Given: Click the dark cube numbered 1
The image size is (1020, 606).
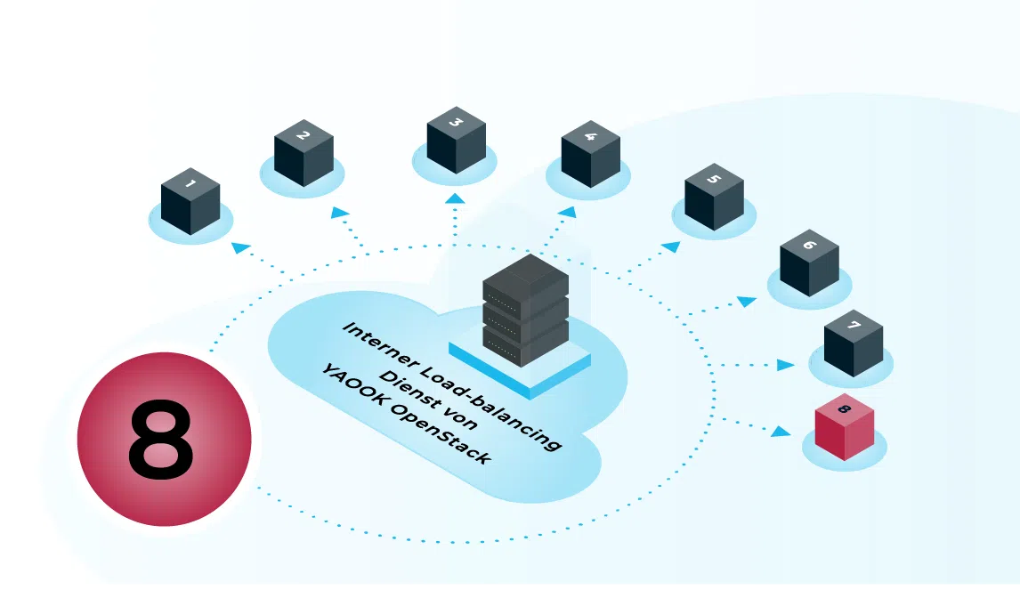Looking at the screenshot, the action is pyautogui.click(x=190, y=201).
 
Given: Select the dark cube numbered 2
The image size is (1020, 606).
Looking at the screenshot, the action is pyautogui.click(x=304, y=153).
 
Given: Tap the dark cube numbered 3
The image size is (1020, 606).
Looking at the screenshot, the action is pyautogui.click(x=457, y=140).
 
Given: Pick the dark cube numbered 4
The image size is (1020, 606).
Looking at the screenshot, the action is pyautogui.click(x=591, y=154).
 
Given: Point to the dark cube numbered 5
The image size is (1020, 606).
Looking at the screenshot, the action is pyautogui.click(x=714, y=197).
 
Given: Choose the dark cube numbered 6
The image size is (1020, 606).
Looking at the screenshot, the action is pyautogui.click(x=809, y=263).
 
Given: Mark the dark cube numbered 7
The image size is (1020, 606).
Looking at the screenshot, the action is pyautogui.click(x=854, y=343).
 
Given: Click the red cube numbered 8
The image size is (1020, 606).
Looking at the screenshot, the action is pyautogui.click(x=845, y=426).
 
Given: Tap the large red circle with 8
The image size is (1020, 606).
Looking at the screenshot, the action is pyautogui.click(x=164, y=439).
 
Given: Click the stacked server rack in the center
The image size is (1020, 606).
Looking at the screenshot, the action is pyautogui.click(x=526, y=311).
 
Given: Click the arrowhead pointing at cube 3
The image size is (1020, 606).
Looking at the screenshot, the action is pyautogui.click(x=456, y=198).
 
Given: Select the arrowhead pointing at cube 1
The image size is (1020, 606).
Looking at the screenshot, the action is pyautogui.click(x=240, y=247).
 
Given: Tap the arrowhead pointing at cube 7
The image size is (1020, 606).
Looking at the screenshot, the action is pyautogui.click(x=785, y=365).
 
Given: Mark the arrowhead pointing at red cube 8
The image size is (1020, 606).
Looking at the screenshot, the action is pyautogui.click(x=781, y=431).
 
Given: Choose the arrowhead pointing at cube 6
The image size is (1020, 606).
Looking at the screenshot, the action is pyautogui.click(x=747, y=301).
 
